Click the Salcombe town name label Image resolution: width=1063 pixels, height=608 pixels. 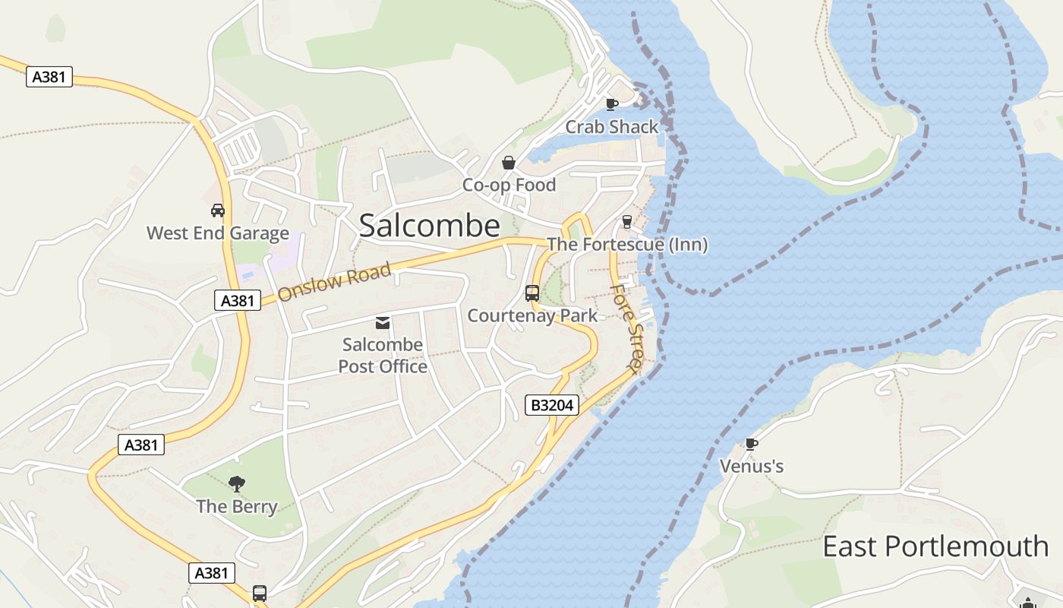pos(429,226)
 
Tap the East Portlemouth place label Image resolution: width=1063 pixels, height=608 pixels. pos(935,546)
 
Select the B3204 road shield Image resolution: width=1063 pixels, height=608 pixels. pos(552,405)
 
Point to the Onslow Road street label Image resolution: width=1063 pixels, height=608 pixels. pos(335,282)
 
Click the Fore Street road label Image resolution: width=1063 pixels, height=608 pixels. pos(627,328)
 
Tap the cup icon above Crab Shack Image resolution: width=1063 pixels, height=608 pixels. pos(612,104)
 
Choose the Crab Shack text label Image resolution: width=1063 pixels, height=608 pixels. pos(611,127)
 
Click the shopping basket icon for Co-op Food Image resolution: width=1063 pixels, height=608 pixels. pos(509,163)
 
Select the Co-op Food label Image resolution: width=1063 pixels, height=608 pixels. pos(509,185)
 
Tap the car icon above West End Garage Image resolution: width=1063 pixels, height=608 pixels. pos(218,210)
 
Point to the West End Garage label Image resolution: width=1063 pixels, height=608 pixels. pos(218,233)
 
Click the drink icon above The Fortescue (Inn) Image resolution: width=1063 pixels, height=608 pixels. pos(627,222)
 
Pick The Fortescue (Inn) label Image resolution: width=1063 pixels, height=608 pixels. pos(627,245)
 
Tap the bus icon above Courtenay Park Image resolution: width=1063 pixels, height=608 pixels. pos(532,293)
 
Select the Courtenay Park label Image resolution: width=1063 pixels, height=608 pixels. pos(532,315)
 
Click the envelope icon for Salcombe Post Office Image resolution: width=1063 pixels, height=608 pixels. pos(383,323)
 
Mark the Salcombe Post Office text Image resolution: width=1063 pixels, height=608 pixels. pos(383,355)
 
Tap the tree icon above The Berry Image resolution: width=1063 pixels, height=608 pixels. pos(237,483)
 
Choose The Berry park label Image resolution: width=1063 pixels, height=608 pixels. pos(237,506)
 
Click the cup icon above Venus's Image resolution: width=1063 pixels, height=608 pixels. pos(751,444)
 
